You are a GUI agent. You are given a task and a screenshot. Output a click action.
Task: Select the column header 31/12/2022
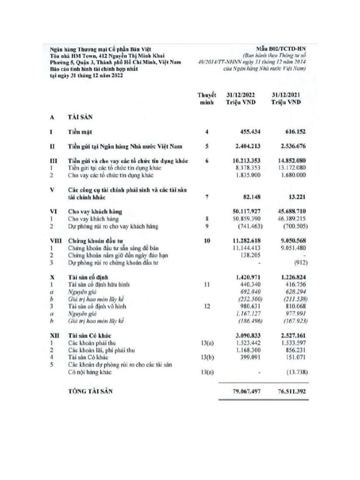pyautogui.click(x=240, y=95)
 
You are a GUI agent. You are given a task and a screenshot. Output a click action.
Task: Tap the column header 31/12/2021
pyautogui.click(x=286, y=95)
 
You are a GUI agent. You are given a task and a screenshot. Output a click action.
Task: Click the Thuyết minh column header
pyautogui.click(x=207, y=98)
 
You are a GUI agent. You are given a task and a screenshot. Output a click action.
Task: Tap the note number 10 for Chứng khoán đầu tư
pyautogui.click(x=207, y=240)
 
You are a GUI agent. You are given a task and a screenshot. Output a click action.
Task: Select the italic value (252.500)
pyautogui.click(x=247, y=299)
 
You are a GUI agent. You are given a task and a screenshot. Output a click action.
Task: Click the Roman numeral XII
pyautogui.click(x=54, y=336)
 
